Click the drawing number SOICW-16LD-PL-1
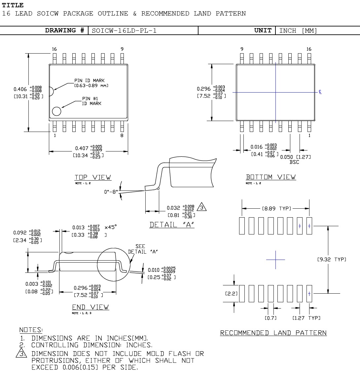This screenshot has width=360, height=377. coord(124,31)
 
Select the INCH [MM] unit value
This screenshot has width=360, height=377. coord(298,31)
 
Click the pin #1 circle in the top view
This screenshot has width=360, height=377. coord(56,111)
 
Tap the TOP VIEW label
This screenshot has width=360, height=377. coord(93,177)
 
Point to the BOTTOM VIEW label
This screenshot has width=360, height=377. coord(271,177)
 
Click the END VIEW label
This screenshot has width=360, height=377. coord(90,307)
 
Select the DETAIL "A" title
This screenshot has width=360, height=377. coord(172,225)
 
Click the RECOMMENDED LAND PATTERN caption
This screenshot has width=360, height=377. coord(273,333)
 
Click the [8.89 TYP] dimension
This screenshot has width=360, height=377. coord(276,209)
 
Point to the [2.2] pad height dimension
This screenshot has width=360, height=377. coord(231,293)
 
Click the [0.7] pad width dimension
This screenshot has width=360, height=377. coord(270,318)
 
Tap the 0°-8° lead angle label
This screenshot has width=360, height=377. coord(111,191)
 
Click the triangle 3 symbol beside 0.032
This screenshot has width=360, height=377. coord(201,207)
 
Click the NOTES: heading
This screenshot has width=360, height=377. coord(31,330)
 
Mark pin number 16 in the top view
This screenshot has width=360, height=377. coord(54,49)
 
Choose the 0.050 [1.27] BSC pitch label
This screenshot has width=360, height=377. coord(295,159)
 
